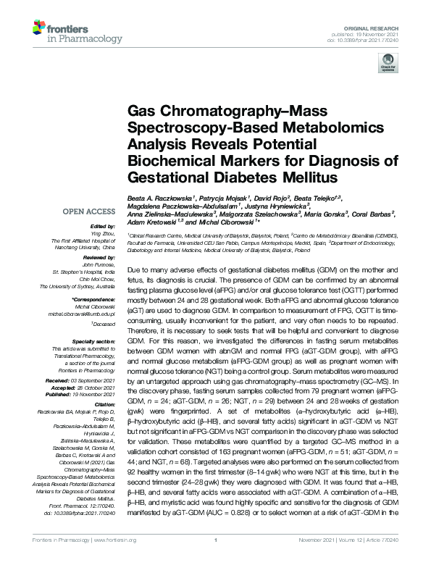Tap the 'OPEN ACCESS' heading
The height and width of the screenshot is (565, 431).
(x=90, y=212)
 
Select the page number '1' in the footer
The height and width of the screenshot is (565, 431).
(x=216, y=558)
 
